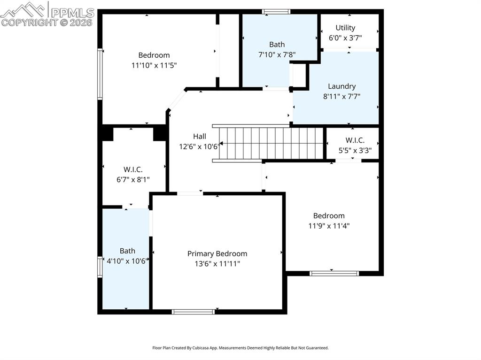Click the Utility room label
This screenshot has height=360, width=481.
coord(345,28)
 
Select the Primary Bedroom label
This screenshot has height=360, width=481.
coord(217,253)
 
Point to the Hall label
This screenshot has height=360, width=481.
coord(199,136)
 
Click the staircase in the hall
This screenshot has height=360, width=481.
coord(270,143)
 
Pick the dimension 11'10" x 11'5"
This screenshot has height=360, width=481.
coord(154,65)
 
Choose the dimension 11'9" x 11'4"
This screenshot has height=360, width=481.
coord(329,225)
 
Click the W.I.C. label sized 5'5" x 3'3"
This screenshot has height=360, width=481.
coord(355,140)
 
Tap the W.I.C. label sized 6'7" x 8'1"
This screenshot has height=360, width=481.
coord(133,169)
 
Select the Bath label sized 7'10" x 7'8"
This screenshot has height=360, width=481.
coord(277,45)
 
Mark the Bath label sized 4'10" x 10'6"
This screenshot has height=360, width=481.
coord(127,251)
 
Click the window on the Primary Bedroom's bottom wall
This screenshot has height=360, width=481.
coord(194,312)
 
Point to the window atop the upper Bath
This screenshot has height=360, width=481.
coord(276,12)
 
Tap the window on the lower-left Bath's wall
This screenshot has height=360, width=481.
coord(100,267)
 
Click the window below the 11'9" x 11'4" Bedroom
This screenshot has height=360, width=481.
coord(334,273)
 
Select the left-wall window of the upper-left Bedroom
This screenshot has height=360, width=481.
coord(100,74)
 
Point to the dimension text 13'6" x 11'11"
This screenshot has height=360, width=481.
coord(217,264)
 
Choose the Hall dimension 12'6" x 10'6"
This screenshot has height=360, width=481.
coord(199,146)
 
